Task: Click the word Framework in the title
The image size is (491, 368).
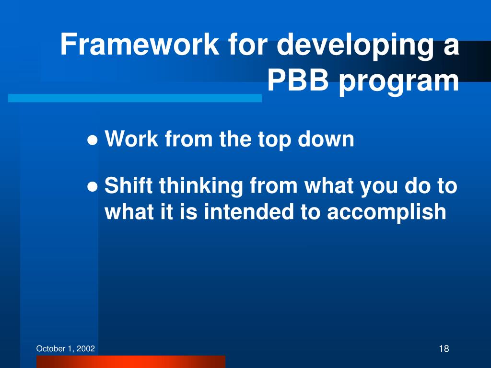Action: click(140, 44)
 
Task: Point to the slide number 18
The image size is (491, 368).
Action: click(444, 348)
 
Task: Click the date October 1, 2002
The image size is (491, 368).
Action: click(65, 349)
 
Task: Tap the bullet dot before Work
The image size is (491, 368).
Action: click(93, 140)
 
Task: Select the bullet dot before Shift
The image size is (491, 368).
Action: click(93, 187)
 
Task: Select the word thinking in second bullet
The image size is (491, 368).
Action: click(201, 186)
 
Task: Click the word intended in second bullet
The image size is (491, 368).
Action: click(249, 211)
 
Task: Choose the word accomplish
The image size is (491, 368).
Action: click(386, 213)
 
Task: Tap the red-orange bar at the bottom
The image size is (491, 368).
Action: click(130, 361)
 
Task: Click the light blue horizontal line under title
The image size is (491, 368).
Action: click(135, 98)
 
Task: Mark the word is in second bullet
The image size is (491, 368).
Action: click(188, 211)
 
